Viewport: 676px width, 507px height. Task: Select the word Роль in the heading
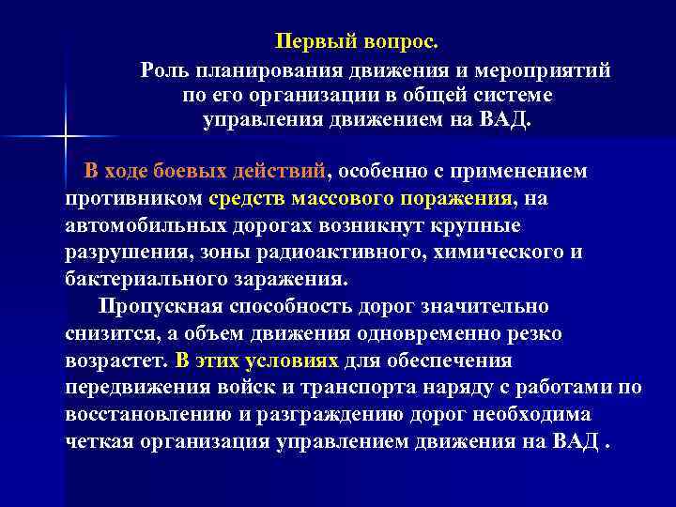pyautogui.click(x=161, y=70)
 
